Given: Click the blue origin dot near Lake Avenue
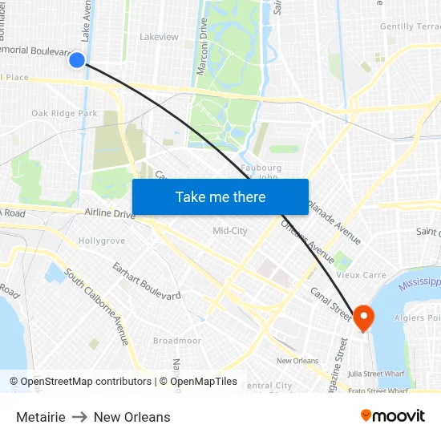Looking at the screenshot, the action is pos(77,59).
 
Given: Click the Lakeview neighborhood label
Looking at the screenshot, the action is pos(159,37).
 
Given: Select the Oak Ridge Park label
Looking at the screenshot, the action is pos(64,114).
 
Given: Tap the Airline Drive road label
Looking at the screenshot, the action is pos(111,214).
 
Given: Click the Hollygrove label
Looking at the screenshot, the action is pos(101,241).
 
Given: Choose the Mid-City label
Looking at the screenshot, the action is pos(229,231).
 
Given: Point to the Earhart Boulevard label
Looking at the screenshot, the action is pos(146,281).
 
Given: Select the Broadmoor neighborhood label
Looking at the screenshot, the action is pos(176,341).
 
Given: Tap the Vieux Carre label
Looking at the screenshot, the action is pos(361,275).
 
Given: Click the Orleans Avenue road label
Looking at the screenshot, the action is pos(308,241).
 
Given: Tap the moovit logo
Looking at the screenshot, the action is pos(392,416).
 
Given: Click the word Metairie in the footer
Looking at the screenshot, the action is pos(40,417).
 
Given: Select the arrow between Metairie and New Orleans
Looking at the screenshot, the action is pos(79,417).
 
